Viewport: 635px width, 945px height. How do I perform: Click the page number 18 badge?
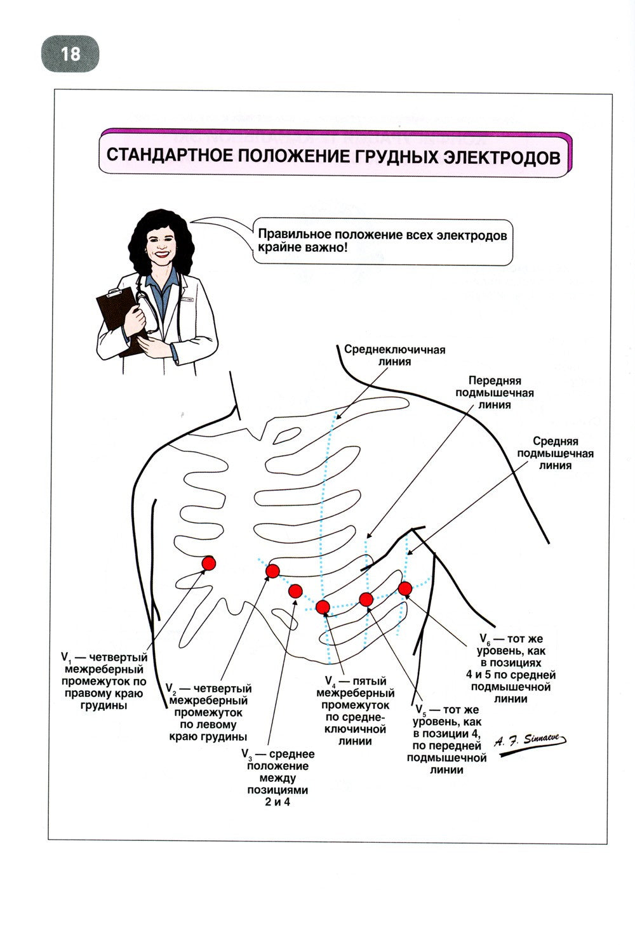pyautogui.click(x=70, y=53)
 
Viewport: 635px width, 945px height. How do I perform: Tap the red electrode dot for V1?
pyautogui.click(x=208, y=562)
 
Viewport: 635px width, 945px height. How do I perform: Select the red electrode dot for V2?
pyautogui.click(x=272, y=571)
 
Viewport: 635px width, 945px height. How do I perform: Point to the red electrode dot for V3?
pyautogui.click(x=295, y=591)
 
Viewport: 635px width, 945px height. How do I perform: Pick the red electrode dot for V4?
pyautogui.click(x=323, y=607)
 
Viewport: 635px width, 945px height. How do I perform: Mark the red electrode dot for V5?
pyautogui.click(x=366, y=598)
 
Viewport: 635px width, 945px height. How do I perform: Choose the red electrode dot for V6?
pyautogui.click(x=404, y=588)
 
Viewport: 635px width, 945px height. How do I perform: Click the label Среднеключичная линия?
pyautogui.click(x=394, y=355)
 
